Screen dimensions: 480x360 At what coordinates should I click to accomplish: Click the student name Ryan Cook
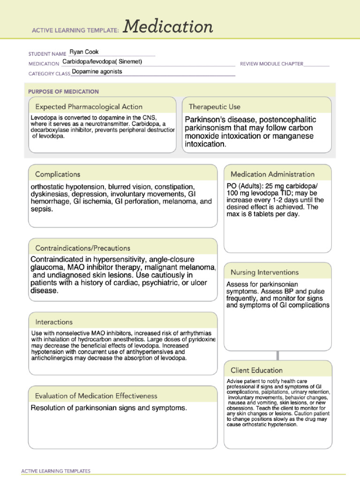click(x=84, y=52)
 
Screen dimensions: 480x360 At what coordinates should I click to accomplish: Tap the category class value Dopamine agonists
click(x=97, y=72)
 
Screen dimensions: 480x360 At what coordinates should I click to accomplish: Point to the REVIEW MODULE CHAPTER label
click(x=271, y=64)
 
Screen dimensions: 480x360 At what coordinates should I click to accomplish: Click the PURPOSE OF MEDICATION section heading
click(x=63, y=91)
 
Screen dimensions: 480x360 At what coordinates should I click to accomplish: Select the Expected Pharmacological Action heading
click(x=89, y=107)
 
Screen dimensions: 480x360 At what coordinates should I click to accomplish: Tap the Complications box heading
click(x=58, y=174)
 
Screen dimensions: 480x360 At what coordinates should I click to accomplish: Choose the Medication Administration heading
click(x=272, y=174)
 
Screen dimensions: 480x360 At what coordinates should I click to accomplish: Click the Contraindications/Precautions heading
click(x=83, y=248)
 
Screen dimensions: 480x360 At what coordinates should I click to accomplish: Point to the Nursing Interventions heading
click(x=264, y=272)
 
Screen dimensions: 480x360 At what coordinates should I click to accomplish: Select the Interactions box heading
click(x=54, y=322)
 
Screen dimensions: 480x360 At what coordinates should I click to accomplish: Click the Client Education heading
click(x=256, y=370)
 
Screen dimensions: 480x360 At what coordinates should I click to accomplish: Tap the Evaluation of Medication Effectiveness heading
click(x=96, y=396)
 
